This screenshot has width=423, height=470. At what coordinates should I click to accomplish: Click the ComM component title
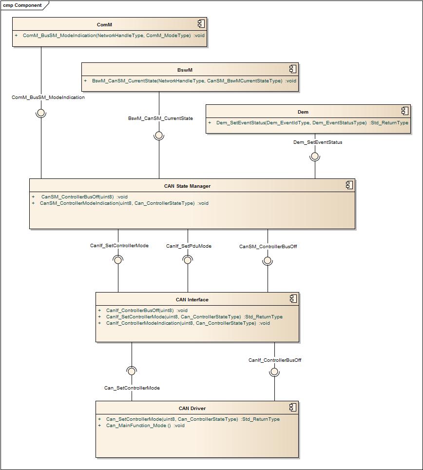(x=104, y=24)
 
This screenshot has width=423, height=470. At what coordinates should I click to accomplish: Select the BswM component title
(x=185, y=70)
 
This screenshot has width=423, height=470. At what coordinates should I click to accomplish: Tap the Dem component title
(x=303, y=112)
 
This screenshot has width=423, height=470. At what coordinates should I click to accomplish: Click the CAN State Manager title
(x=187, y=186)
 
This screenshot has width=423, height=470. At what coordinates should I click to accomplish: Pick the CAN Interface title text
(x=192, y=299)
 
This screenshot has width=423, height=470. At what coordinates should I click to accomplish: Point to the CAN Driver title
(x=192, y=408)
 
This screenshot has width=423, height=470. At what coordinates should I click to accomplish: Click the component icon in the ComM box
(x=201, y=24)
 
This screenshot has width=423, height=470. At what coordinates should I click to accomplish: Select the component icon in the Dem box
(x=404, y=111)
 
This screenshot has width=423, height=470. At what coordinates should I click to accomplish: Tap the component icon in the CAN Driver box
(x=293, y=407)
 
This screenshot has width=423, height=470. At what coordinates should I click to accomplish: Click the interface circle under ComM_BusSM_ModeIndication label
(x=41, y=113)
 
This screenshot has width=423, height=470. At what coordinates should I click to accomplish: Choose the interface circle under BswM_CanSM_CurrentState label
(x=159, y=135)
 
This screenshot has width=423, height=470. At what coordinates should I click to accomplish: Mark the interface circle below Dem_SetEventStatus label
(x=315, y=156)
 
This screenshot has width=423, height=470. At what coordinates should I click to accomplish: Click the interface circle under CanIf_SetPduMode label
(x=188, y=260)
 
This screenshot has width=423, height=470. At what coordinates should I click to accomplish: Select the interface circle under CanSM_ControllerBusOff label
(x=268, y=260)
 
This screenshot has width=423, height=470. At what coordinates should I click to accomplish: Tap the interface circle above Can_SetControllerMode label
(x=132, y=372)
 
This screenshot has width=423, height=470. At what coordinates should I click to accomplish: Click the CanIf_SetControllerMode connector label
(x=119, y=246)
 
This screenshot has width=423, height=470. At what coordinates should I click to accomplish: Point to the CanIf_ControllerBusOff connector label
(x=275, y=360)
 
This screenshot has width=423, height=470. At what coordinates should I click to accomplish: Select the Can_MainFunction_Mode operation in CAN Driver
(x=145, y=426)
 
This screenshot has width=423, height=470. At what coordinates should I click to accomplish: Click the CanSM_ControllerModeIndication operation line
(x=124, y=203)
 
